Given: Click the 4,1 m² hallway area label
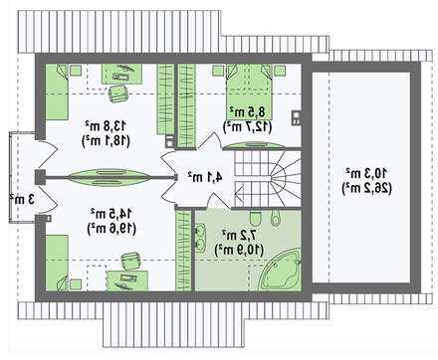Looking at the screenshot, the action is pos(205,177).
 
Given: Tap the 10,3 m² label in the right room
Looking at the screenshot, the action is pos(366,173).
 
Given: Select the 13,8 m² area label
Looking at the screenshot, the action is pos(106,126).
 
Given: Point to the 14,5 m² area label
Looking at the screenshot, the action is pos(111,214).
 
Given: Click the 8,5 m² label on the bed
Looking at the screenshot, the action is pos(248,112).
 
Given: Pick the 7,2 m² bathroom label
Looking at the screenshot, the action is pos(240,235).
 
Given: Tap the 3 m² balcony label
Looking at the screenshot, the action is pos(22,200).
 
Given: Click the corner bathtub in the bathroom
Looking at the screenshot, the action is pos(282,270).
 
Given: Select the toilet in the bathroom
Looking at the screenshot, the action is pos(256,218).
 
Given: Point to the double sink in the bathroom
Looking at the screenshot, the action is pos(200,238).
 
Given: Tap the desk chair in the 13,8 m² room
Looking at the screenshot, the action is pos(118,93).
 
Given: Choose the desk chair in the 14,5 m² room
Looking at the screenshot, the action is pos(131,261).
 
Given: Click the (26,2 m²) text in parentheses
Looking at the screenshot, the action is pos(366,189).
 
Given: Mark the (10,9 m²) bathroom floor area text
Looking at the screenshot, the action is pos(240,250).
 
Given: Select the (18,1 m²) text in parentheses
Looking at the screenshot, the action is pos(106,141).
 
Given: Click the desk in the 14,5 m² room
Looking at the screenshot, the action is pos(127,280).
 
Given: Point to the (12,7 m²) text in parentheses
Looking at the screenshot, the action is pos(248,127).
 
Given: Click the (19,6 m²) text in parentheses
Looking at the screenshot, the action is pos(111,229).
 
